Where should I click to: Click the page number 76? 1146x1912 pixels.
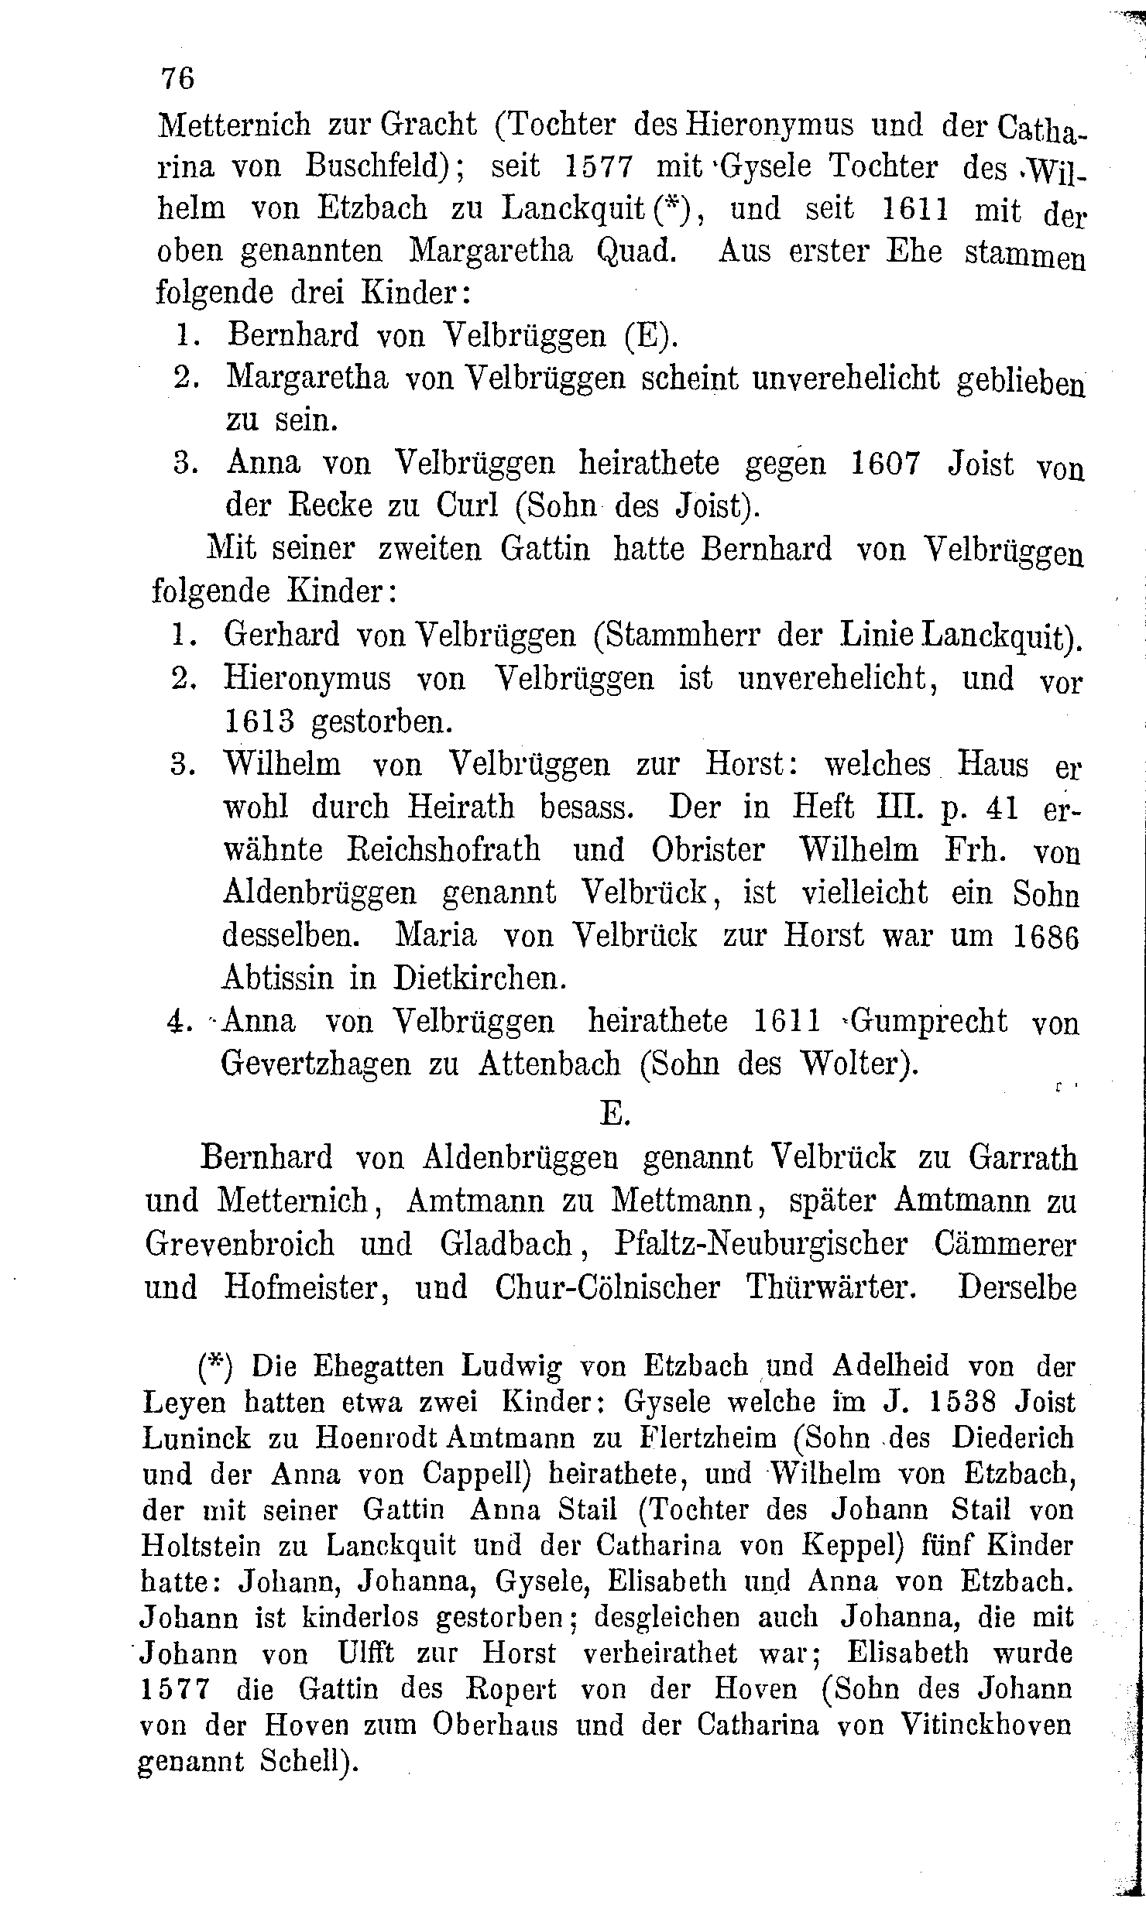[177, 79]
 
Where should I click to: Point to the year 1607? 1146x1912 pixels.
[886, 463]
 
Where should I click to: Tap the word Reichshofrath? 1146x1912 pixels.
[442, 850]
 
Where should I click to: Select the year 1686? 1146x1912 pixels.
[1045, 937]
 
